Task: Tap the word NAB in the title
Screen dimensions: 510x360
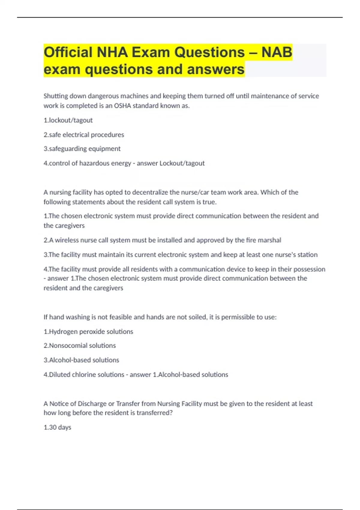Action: click(277, 52)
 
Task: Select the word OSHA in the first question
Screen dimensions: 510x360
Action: click(123, 106)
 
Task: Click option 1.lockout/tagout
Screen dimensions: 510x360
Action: click(68, 120)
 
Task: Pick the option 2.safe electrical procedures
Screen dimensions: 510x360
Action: click(84, 135)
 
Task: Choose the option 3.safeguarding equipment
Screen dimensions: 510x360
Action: click(82, 149)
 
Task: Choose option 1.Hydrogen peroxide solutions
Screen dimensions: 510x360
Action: click(88, 331)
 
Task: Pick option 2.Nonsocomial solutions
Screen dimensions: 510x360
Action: click(79, 346)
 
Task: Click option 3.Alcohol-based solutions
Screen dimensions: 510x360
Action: click(81, 360)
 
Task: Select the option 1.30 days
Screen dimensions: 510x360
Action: click(57, 427)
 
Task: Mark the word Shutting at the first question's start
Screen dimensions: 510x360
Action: click(55, 96)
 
